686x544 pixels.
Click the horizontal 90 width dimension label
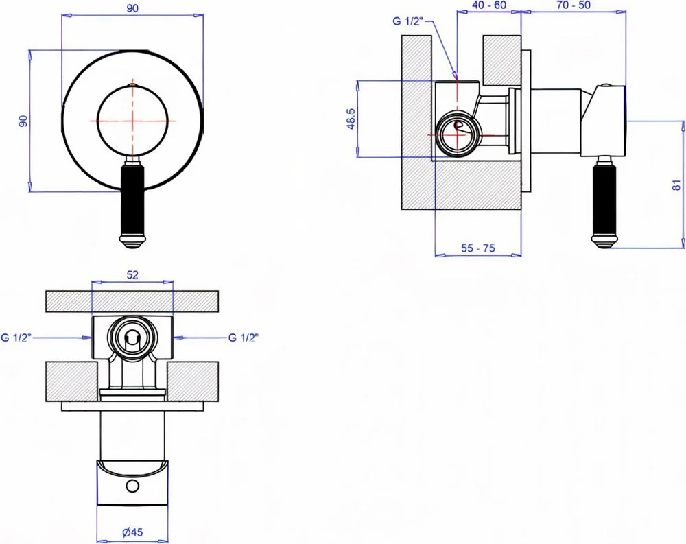[x=132, y=8]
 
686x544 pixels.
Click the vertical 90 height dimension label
[x=23, y=121]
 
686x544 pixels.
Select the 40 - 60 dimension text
[x=489, y=5]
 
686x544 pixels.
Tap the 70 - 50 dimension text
[x=573, y=5]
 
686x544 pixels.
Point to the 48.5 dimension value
[x=351, y=119]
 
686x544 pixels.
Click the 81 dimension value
[x=677, y=185]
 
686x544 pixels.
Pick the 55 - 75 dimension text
[x=477, y=248]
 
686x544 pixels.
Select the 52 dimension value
[x=132, y=275]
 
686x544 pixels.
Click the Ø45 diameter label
[x=132, y=532]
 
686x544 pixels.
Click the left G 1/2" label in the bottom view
[x=16, y=338]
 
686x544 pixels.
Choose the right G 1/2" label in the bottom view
[x=244, y=338]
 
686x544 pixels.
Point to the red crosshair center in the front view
[x=132, y=121]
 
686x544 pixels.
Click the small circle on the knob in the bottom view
[x=132, y=486]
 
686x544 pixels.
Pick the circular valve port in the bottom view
[x=132, y=338]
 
